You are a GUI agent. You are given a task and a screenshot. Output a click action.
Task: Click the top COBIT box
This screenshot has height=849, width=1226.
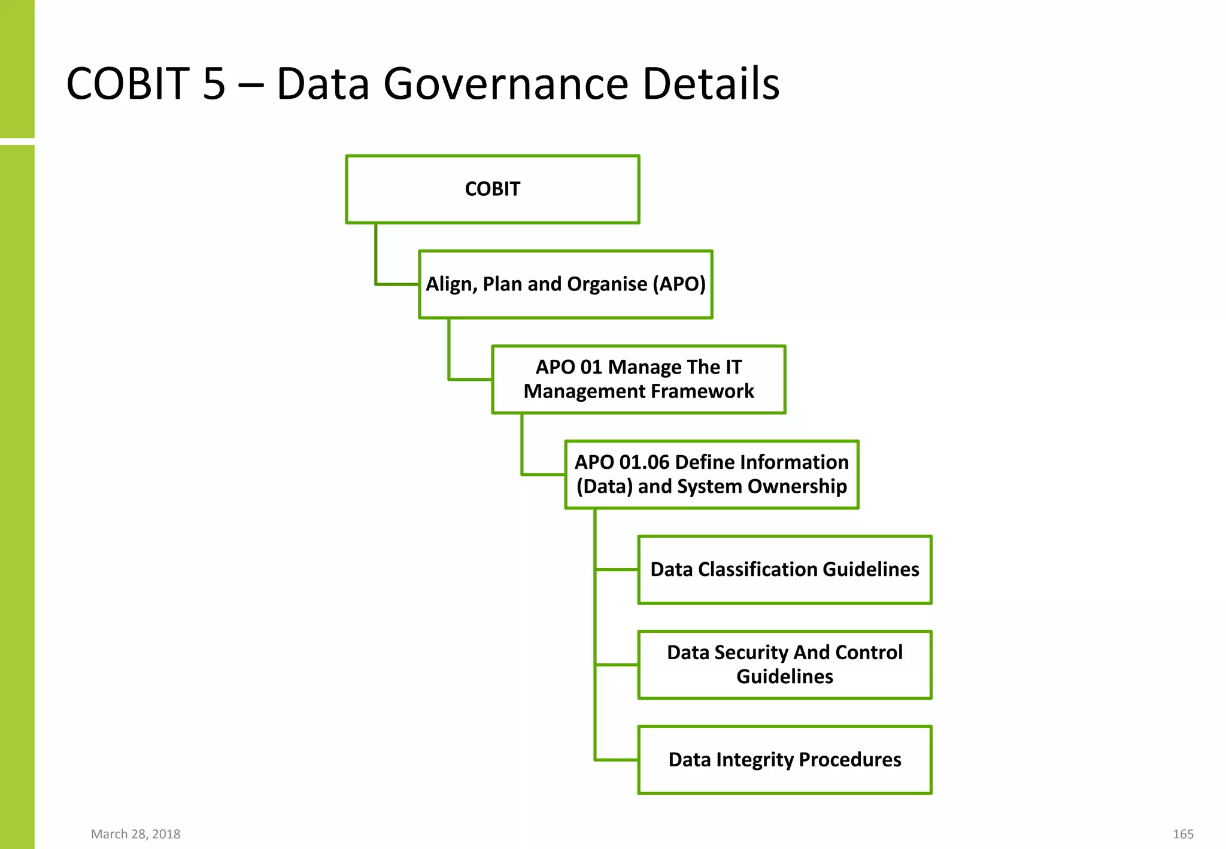pos(492,189)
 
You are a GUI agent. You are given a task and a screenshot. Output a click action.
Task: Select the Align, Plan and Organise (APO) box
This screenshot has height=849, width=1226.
pos(565,284)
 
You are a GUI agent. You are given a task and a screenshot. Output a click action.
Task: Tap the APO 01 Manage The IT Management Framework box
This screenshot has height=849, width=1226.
pos(638,380)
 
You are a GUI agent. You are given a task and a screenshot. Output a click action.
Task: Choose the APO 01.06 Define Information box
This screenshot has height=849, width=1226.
pos(711,475)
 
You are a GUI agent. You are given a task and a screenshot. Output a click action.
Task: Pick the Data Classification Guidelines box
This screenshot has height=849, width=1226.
pos(784,569)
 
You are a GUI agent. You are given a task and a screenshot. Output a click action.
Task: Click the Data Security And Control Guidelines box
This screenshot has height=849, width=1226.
pos(784,665)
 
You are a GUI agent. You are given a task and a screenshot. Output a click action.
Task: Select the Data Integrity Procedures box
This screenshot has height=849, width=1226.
pos(784,760)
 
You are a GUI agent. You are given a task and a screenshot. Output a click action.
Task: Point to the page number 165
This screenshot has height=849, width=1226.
pos(1182,834)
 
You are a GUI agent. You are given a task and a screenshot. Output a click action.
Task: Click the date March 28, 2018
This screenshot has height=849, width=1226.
pos(135,834)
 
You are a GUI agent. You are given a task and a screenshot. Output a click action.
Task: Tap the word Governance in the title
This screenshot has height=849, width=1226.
pos(506,84)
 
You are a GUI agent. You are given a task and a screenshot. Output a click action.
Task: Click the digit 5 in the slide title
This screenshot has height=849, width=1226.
pos(214,84)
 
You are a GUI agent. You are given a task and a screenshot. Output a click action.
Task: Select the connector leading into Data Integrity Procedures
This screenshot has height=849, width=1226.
pos(617,760)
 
